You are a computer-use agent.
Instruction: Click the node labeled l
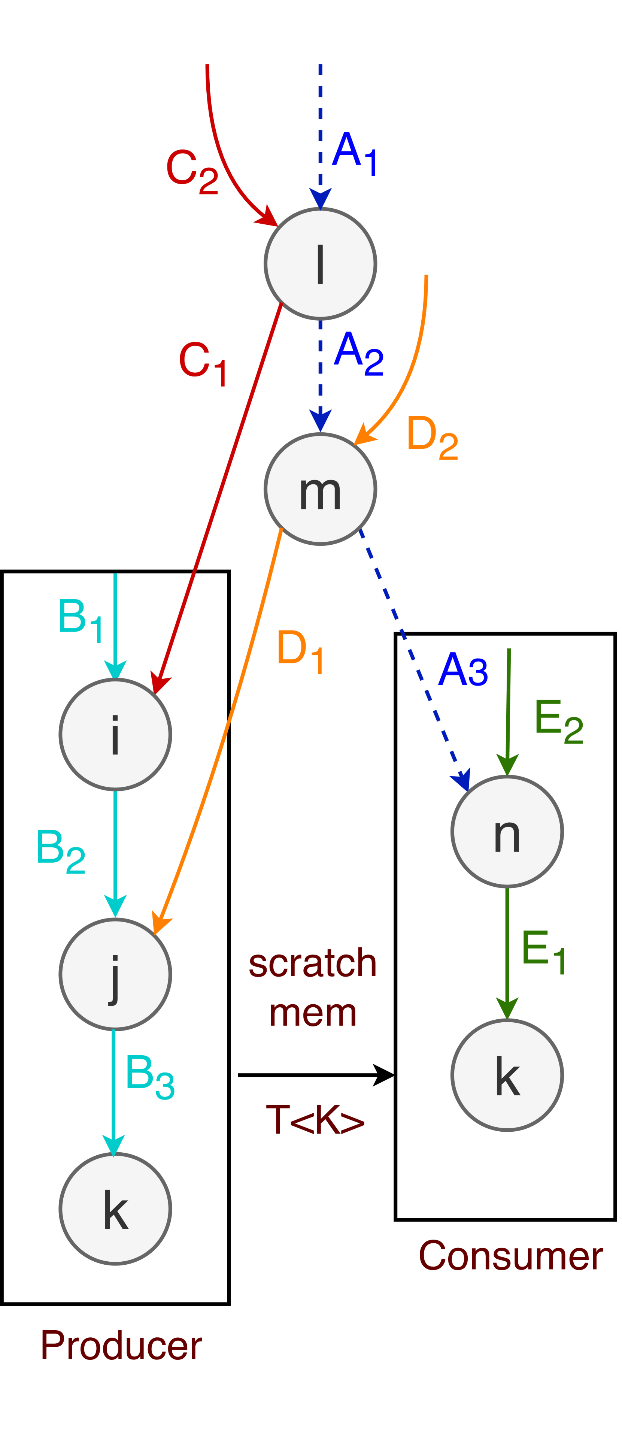tap(320, 264)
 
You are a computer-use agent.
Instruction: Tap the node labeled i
tap(115, 735)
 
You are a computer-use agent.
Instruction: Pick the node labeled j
tap(115, 974)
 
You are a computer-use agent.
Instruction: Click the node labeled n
tap(507, 832)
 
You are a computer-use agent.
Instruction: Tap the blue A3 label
tap(463, 670)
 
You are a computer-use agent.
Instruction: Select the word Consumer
tap(510, 1256)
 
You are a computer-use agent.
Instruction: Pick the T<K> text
tap(315, 1120)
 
